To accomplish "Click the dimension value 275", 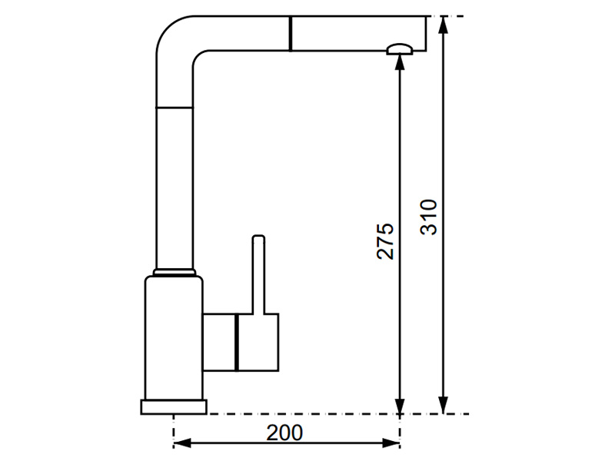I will pyautogui.click(x=387, y=240).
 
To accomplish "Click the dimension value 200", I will pyautogui.click(x=284, y=433).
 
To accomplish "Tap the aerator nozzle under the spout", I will pyautogui.click(x=399, y=50).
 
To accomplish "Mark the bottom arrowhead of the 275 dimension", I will pyautogui.click(x=399, y=406).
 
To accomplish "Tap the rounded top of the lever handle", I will pyautogui.click(x=259, y=237).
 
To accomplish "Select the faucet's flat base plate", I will pyautogui.click(x=174, y=407).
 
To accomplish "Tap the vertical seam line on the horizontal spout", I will pyautogui.click(x=291, y=33).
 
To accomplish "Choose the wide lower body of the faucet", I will pyautogui.click(x=174, y=338).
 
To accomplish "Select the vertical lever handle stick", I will pyautogui.click(x=259, y=277).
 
